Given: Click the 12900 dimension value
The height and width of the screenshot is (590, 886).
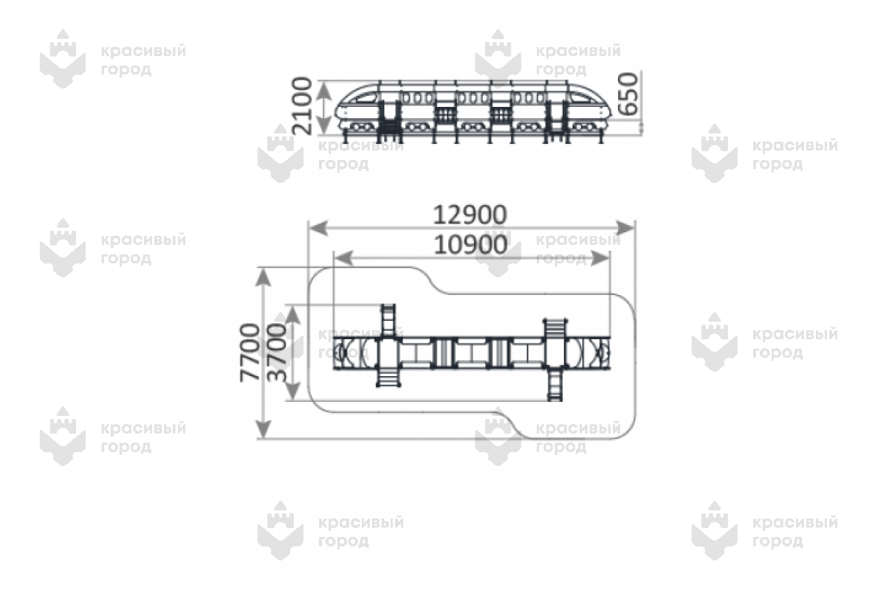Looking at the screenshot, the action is [470, 215].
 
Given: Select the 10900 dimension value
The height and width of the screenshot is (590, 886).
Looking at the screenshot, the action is [470, 245].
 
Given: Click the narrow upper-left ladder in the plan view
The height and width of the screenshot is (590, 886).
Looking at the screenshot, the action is [388, 319].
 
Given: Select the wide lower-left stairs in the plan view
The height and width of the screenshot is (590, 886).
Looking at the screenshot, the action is [388, 377].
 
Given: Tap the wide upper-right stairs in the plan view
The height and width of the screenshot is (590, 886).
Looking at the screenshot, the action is [554, 327].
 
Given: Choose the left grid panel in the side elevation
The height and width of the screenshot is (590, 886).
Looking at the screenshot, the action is [444, 114].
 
